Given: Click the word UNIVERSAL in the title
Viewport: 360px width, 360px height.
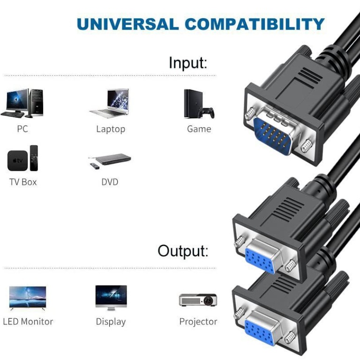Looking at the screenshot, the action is point(121,24).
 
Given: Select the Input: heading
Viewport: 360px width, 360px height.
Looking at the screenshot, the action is point(187,63).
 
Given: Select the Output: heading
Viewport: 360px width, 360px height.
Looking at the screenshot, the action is point(182,251).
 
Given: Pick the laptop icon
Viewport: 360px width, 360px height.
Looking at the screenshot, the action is point(110,103).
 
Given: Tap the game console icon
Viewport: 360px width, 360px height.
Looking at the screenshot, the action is point(198,104).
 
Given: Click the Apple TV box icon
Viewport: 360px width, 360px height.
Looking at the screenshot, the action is point(22,159).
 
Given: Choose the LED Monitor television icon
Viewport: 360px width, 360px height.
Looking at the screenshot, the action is point(28,298).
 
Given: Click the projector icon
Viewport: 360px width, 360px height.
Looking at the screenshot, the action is point(198,300).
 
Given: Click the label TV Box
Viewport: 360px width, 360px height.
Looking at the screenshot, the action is point(23,182).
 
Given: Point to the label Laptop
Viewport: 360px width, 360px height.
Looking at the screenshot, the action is point(111,129).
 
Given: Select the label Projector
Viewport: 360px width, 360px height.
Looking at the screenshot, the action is point(198,322).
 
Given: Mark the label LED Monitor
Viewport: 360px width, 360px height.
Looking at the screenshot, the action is point(28,322).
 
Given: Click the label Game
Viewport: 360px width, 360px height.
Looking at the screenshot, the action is point(199,129).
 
